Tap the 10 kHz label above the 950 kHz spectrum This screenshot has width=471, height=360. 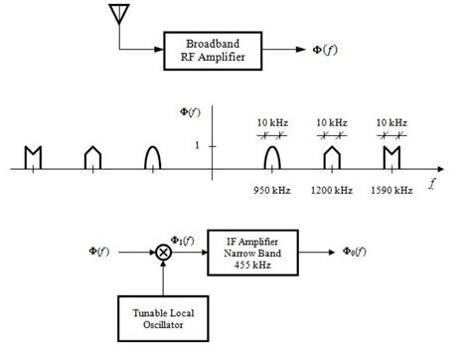(x=272, y=121)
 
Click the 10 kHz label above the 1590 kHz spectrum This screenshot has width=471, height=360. (x=391, y=121)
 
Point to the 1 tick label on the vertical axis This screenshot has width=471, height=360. (x=198, y=146)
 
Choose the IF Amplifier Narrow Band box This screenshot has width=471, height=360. (x=257, y=253)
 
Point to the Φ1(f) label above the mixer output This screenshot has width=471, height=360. (x=184, y=240)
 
